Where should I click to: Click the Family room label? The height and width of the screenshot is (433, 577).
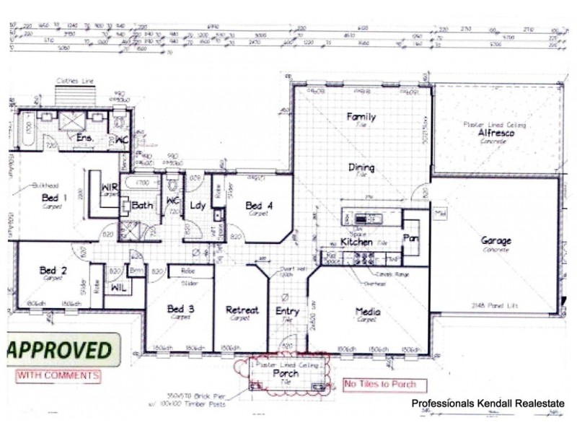click(x=361, y=116)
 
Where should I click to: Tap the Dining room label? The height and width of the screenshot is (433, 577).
click(x=361, y=167)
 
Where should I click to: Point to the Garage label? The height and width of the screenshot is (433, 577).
click(x=496, y=241)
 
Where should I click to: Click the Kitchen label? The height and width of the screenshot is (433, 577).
click(x=356, y=242)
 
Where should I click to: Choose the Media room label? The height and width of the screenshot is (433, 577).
click(x=368, y=311)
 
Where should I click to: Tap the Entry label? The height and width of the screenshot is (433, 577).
click(x=288, y=310)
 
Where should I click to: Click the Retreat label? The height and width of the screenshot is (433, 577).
click(x=242, y=310)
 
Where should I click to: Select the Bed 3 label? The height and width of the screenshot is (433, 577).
click(x=180, y=310)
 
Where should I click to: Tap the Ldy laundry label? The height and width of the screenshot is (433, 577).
click(x=198, y=206)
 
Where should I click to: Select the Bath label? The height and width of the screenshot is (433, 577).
click(x=142, y=206)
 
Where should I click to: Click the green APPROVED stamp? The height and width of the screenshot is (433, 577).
click(x=61, y=351)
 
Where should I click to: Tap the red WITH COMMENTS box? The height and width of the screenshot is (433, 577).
click(x=58, y=375)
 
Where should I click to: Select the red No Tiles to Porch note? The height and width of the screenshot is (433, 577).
click(x=385, y=384)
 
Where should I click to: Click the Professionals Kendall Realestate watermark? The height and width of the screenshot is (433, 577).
click(x=488, y=403)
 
